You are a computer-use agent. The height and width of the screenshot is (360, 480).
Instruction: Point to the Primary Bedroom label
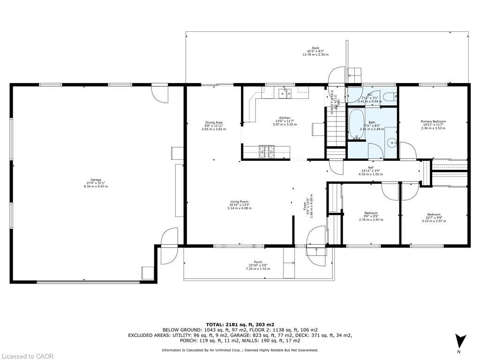pyautogui.click(x=433, y=124)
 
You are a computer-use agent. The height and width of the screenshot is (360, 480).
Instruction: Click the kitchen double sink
pyautogui.click(x=285, y=93)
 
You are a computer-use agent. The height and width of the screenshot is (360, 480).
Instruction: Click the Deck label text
pyautogui.click(x=315, y=51)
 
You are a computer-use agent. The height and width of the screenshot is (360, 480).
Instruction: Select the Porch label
pyautogui.click(x=258, y=265)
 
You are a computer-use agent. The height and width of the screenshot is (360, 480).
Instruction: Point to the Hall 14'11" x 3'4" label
pyautogui.click(x=371, y=171)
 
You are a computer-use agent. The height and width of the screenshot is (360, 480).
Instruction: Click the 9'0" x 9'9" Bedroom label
pyautogui.click(x=371, y=216)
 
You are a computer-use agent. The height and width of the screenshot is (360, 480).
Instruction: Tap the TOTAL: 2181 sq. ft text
pyautogui.click(x=240, y=324)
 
